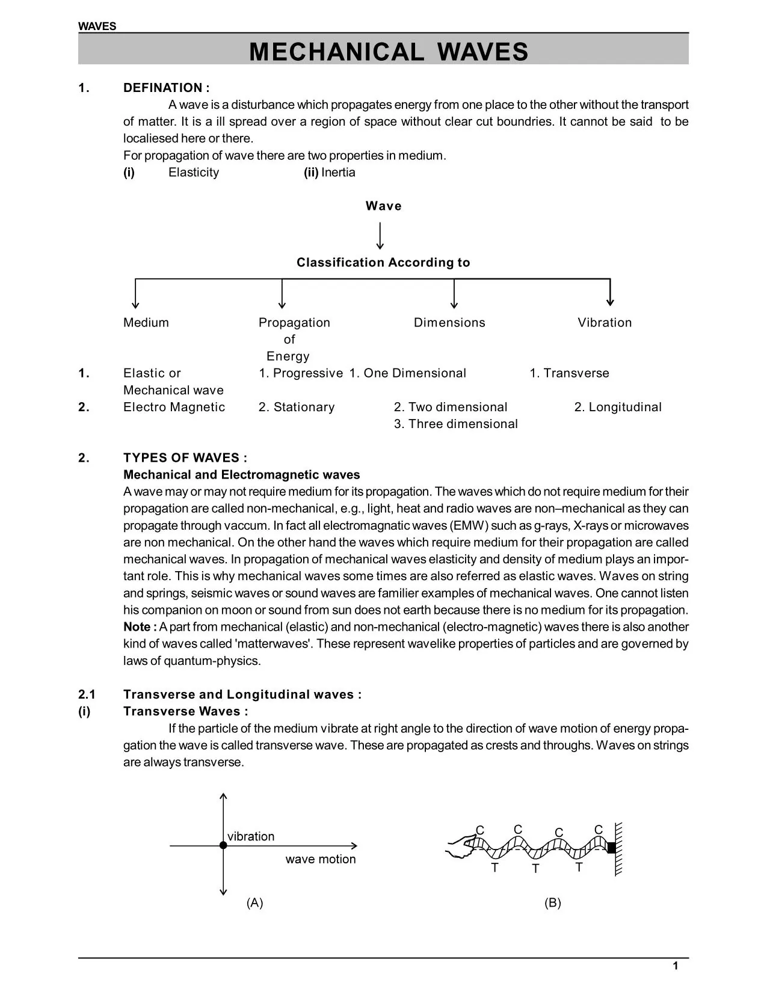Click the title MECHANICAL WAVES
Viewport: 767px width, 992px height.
[389, 52]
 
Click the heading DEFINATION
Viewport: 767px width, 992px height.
[166, 88]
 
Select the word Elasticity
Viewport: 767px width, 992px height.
[194, 173]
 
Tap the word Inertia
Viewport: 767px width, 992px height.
[338, 173]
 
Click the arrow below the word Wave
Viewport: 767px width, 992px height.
[380, 236]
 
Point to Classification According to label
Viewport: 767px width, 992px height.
[383, 263]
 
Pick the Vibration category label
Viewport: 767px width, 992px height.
[605, 323]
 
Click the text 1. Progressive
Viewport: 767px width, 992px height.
[301, 373]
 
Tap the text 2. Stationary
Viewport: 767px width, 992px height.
[297, 408]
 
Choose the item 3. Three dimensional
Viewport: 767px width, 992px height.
[455, 424]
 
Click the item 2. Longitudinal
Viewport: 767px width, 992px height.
[618, 408]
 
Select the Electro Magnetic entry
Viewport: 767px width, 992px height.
[174, 408]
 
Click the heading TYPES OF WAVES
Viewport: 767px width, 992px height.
[185, 458]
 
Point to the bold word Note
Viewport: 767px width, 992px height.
[138, 627]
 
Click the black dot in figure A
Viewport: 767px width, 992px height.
[223, 845]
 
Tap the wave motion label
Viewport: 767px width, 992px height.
[320, 860]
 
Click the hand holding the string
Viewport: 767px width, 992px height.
[460, 844]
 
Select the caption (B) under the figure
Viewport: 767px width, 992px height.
[552, 903]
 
